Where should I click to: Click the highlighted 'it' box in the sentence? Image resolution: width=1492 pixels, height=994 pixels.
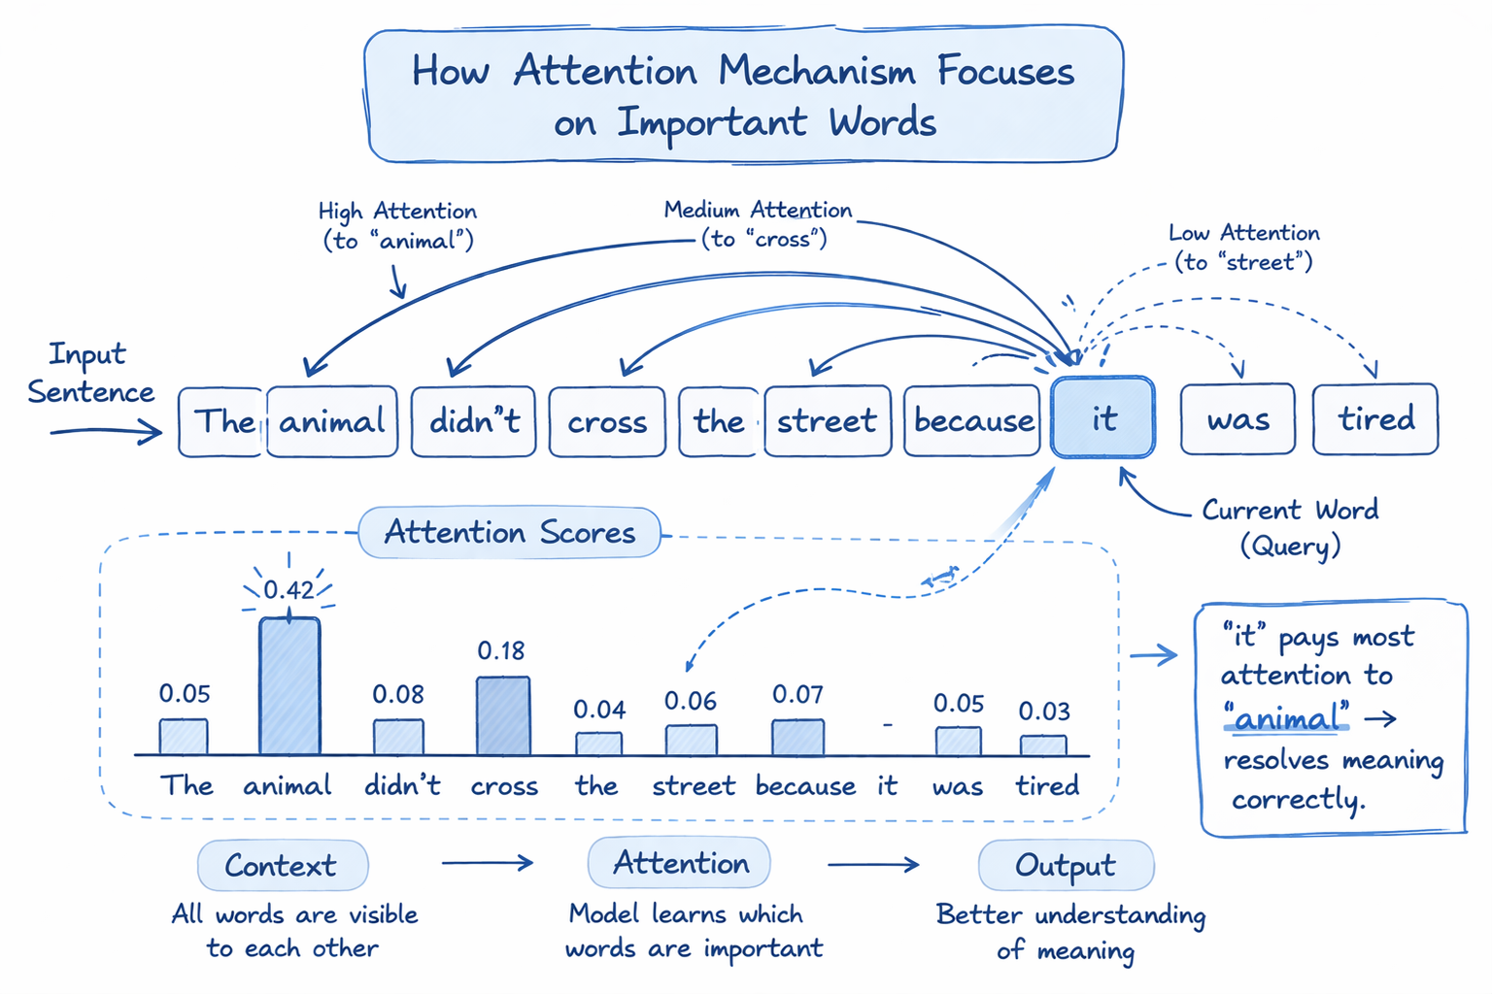1102,418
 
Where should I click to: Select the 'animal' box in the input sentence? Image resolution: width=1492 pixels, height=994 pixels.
332,421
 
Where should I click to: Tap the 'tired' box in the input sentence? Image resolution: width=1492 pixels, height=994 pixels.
1374,419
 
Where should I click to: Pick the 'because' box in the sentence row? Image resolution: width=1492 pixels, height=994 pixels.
972,421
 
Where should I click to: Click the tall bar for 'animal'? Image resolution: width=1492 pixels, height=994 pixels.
289,685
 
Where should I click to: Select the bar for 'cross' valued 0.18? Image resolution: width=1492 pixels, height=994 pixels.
503,715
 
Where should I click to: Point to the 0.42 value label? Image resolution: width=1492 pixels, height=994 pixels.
288,589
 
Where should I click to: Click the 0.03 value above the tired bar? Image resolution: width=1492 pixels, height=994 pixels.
1044,712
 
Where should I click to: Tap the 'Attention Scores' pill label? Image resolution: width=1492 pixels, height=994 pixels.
510,532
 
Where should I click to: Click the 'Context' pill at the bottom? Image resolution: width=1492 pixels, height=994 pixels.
282,865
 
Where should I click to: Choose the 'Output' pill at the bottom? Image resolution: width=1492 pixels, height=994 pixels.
1066,865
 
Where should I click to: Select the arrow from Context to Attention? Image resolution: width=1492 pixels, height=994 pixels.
488,863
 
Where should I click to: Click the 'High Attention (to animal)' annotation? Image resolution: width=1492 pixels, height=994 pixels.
398,225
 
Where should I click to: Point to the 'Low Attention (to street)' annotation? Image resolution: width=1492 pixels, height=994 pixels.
1243,248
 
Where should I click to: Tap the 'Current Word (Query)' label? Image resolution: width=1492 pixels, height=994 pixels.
1290,526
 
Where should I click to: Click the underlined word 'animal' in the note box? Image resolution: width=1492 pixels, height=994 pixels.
1287,719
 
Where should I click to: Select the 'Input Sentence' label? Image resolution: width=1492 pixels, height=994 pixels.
89,373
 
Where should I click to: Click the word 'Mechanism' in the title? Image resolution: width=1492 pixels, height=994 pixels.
816,72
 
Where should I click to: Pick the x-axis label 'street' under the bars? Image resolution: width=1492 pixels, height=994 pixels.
693,785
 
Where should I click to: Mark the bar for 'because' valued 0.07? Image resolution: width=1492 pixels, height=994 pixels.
797,737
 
